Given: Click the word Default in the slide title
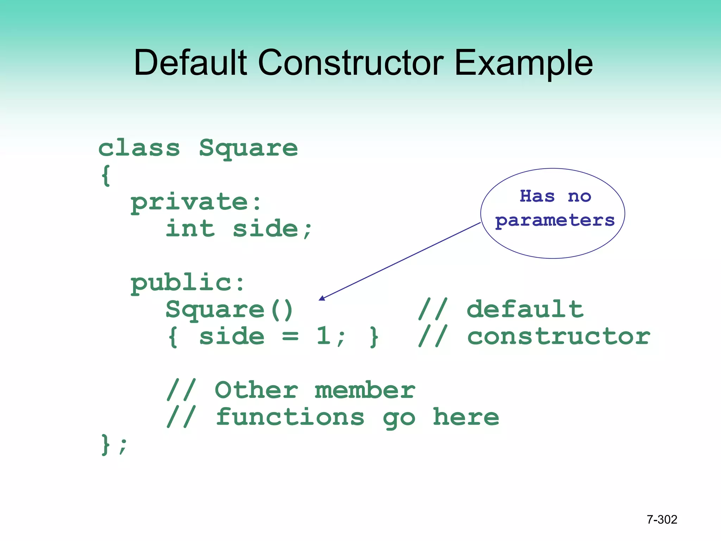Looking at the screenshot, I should click(190, 63).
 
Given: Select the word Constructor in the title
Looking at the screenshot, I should click(351, 63).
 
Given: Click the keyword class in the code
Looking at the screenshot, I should click(139, 148).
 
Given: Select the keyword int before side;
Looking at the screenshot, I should click(190, 229).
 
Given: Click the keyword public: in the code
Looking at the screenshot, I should click(188, 283).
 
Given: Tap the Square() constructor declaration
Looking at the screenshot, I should click(229, 310).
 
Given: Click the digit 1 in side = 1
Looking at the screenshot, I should click(323, 336).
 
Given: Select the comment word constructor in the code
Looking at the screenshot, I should click(558, 336).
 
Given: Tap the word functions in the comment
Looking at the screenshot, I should click(290, 417).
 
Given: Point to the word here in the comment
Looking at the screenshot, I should click(465, 417).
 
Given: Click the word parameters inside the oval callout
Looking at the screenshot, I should click(554, 221).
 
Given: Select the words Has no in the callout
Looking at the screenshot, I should click(555, 196).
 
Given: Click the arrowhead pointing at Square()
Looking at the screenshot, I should click(321, 298).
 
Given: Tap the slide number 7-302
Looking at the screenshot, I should click(662, 520).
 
